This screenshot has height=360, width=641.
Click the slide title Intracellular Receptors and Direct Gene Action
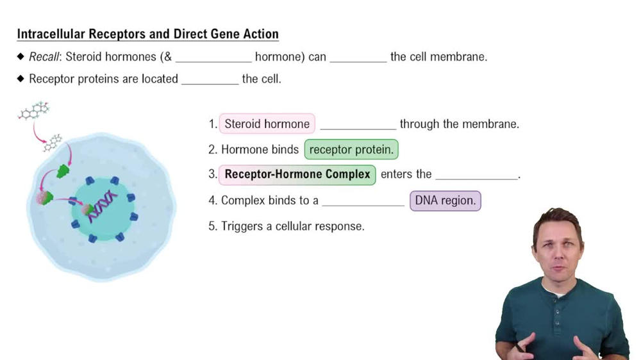pos(147,34)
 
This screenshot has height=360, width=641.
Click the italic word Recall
pos(44,57)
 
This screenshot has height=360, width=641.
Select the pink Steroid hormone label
pos(267,124)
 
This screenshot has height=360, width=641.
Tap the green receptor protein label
pos(351,150)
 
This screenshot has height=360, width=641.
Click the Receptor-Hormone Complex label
pos(297,174)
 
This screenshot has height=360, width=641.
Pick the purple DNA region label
pos(445,200)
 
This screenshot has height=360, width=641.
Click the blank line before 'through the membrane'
pos(358,126)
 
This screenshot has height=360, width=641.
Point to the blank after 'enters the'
pos(476,176)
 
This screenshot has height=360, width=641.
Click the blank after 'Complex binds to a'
pos(363,202)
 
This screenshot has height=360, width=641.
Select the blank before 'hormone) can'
pos(213,59)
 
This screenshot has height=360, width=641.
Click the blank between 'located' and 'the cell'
pos(210,81)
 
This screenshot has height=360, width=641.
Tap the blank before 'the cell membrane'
pos(358,59)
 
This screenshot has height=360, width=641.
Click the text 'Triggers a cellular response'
pos(292,226)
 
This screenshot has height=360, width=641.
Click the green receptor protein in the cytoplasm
pos(63,171)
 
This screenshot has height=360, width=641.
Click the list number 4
pos(212,200)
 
